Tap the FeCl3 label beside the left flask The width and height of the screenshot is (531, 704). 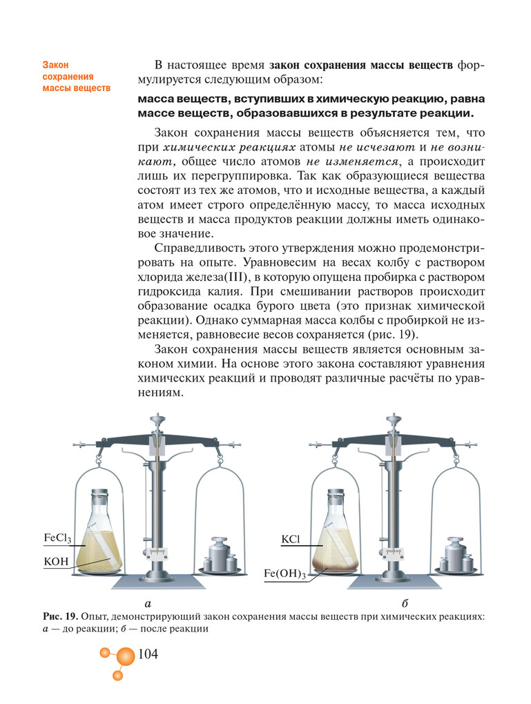pyautogui.click(x=57, y=538)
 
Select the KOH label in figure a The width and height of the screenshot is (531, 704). pyautogui.click(x=56, y=562)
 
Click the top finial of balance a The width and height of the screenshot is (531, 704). pyautogui.click(x=158, y=418)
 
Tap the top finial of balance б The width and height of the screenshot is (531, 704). pyautogui.click(x=394, y=418)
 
